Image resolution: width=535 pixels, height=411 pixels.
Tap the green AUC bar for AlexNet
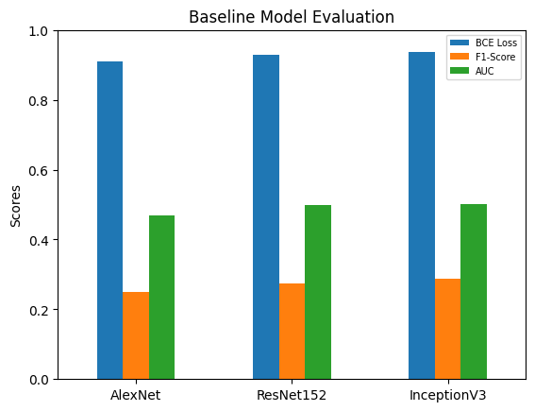(161, 298)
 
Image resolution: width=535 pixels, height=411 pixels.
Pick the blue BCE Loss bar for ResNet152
(266, 216)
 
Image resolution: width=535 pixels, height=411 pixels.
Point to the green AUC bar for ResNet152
(318, 292)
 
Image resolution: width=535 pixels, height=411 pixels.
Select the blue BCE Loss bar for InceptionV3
(422, 215)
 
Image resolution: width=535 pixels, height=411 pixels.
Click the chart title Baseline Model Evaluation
(292, 17)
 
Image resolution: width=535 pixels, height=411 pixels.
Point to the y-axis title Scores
(15, 205)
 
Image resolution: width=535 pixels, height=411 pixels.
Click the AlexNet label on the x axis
(136, 394)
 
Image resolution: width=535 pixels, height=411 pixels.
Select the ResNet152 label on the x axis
(292, 394)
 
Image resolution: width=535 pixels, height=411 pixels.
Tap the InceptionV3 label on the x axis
(447, 394)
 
